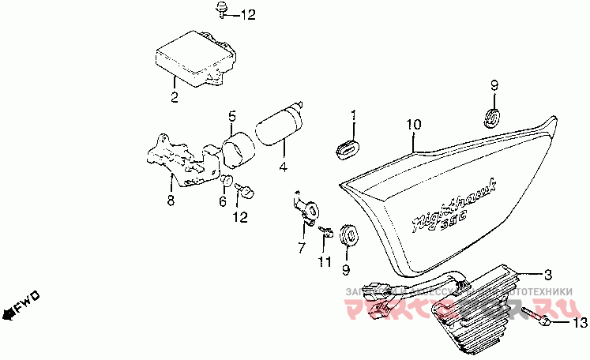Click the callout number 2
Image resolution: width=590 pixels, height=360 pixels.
click(x=175, y=98)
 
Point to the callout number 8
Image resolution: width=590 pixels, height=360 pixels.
click(x=170, y=201)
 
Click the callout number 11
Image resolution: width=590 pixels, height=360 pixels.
click(x=325, y=261)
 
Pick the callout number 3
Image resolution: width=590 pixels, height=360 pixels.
click(x=546, y=274)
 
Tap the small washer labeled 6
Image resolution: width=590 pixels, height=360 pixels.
click(x=225, y=180)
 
